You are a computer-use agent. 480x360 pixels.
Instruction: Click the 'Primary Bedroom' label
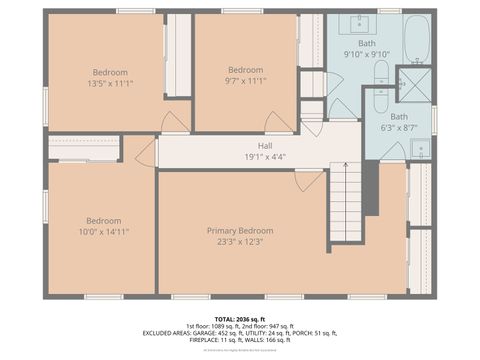[239, 230]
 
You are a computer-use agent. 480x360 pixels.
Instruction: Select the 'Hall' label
[237, 145]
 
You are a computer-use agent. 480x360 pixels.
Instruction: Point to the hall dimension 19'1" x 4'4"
[237, 156]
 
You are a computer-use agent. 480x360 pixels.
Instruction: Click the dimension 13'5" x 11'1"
[110, 83]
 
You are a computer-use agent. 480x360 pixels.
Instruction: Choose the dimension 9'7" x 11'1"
[245, 81]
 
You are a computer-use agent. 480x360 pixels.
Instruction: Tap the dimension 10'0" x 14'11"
[103, 231]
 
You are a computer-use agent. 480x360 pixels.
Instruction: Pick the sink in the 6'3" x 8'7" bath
[420, 149]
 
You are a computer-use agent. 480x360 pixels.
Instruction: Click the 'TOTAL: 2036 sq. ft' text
[239, 319]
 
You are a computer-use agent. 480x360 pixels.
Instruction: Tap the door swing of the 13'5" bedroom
[176, 122]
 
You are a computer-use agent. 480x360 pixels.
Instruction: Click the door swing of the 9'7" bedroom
[277, 122]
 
